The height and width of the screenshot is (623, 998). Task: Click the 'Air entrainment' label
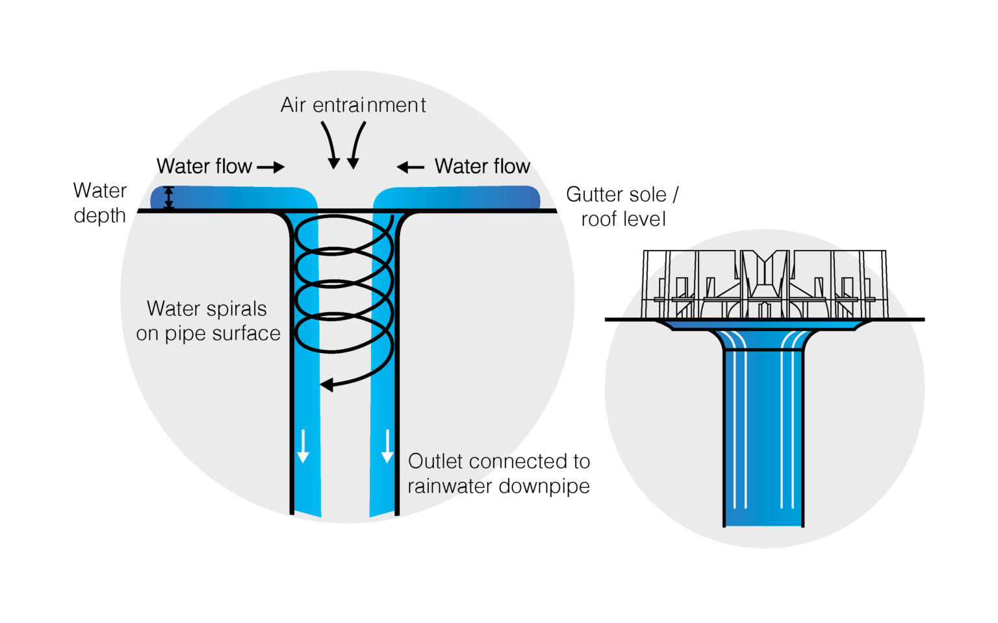pos(353,105)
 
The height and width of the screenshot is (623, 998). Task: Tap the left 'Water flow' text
pos(204,167)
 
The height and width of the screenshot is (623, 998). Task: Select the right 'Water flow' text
pos(482,167)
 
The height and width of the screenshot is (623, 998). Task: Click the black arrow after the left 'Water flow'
pos(271,167)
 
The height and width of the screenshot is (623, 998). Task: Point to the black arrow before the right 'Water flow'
pos(411,167)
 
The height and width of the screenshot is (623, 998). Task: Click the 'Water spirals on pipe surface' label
pos(208,321)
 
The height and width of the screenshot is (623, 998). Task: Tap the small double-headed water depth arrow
pos(169,197)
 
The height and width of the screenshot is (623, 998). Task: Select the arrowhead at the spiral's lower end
pos(327,385)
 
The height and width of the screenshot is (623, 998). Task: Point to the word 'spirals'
pos(235,309)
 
